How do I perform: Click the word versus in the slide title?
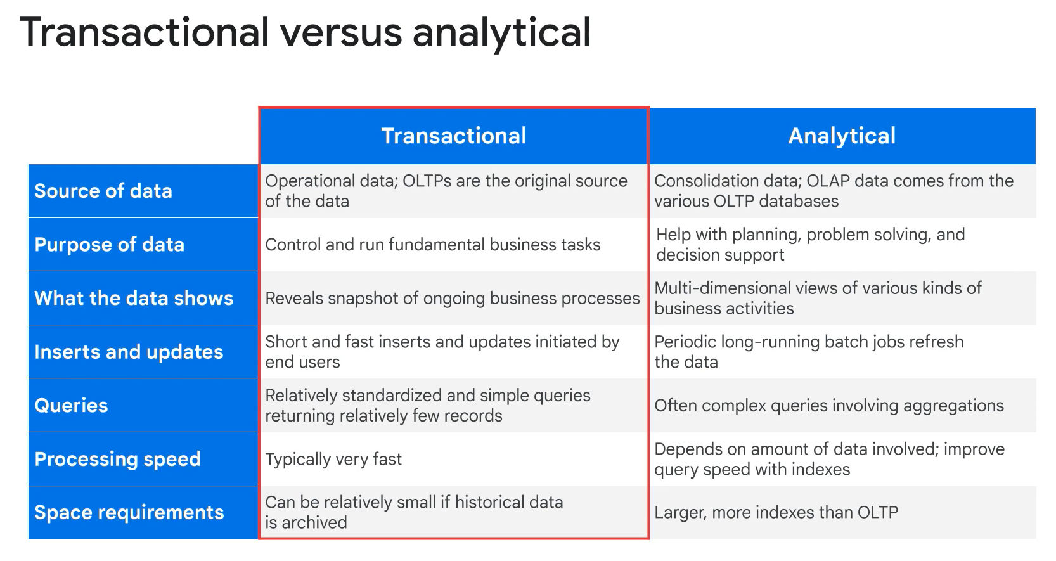click(341, 32)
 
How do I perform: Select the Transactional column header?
click(453, 136)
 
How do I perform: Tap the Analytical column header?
click(842, 136)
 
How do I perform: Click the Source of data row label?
click(103, 191)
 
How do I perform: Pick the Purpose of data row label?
click(110, 245)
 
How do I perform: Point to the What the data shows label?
click(134, 298)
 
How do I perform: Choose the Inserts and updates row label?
click(129, 352)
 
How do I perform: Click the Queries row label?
click(71, 406)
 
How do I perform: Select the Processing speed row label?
click(117, 459)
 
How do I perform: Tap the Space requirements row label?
click(129, 512)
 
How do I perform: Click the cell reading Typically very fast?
click(333, 459)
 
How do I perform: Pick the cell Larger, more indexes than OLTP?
click(776, 512)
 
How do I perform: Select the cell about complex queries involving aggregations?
click(829, 406)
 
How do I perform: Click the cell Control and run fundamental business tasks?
click(433, 245)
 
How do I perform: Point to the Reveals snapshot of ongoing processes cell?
click(453, 299)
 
